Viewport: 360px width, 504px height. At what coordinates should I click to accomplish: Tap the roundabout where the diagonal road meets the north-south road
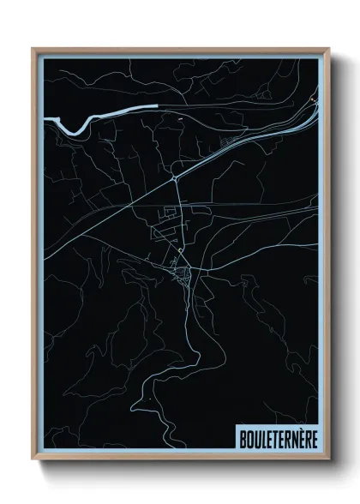click(175, 177)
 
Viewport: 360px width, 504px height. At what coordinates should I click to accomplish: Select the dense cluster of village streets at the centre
click(183, 274)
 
